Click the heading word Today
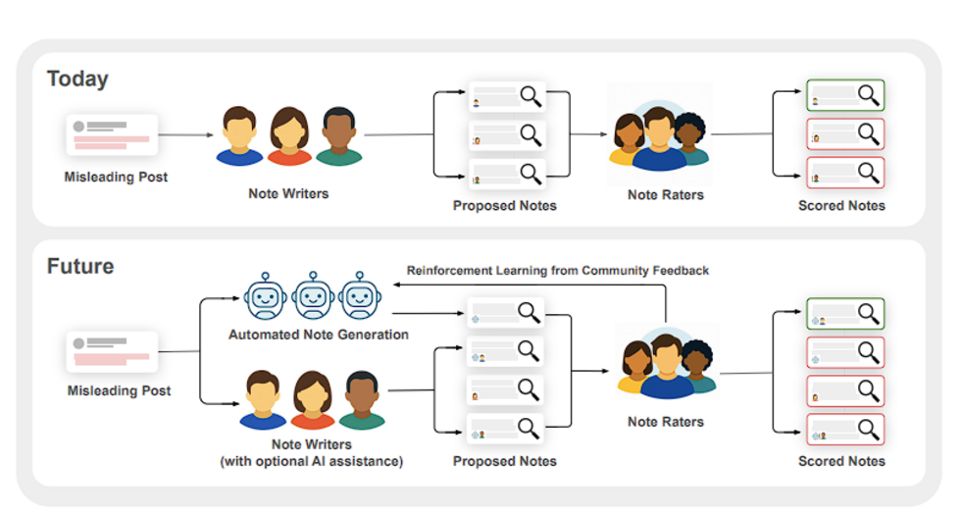[x=77, y=78]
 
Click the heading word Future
[x=80, y=266]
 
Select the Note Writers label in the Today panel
[x=288, y=193]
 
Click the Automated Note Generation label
[x=318, y=335]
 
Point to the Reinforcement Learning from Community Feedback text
[x=558, y=270]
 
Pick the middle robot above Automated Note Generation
[x=313, y=296]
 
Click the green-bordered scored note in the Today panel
[x=844, y=96]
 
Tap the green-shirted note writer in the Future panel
[x=362, y=400]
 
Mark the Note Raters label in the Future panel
[x=666, y=422]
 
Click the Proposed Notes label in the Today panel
[x=504, y=206]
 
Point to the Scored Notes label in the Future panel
[x=841, y=461]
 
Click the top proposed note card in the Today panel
[x=506, y=97]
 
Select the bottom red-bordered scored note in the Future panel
[x=844, y=429]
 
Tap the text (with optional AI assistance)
[x=312, y=461]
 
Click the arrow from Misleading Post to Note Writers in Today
[x=185, y=135]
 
